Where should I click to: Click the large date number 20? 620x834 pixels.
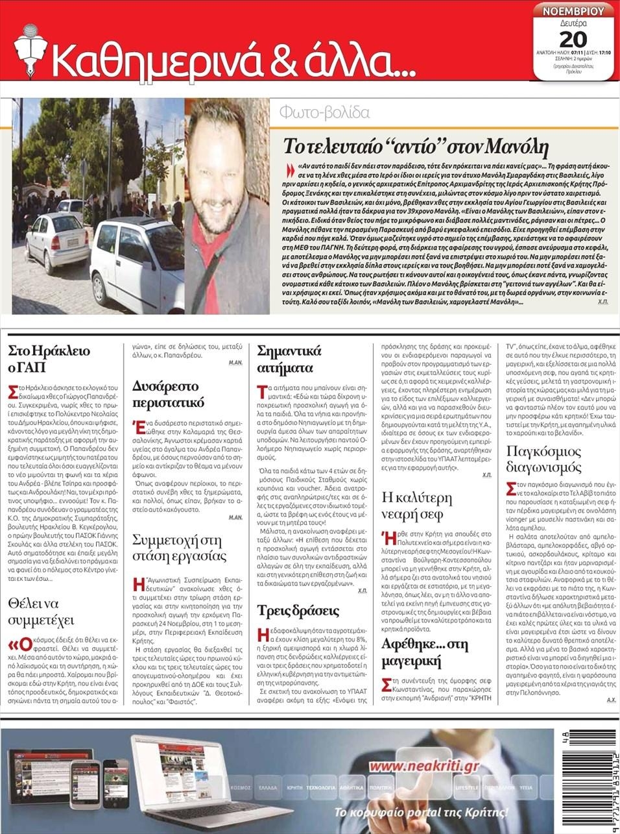click(x=573, y=38)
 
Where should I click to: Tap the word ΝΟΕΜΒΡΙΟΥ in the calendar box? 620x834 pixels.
click(x=573, y=11)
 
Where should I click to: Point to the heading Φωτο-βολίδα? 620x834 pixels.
click(x=324, y=113)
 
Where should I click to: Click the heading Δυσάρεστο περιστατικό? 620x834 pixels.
click(x=168, y=394)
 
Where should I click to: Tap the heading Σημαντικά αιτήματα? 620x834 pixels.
click(x=289, y=360)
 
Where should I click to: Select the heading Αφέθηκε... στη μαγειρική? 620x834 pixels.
click(x=425, y=653)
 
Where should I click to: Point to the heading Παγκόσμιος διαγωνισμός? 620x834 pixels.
click(x=543, y=459)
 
